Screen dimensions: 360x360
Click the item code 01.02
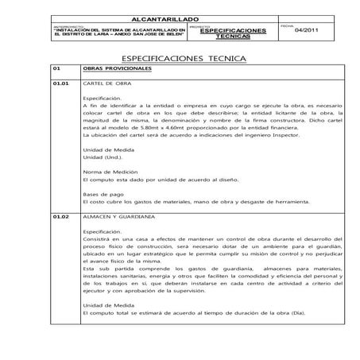pyautogui.click(x=60, y=216)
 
